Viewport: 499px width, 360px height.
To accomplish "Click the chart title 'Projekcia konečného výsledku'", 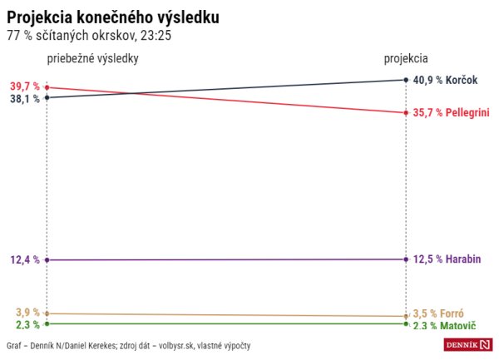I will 114,17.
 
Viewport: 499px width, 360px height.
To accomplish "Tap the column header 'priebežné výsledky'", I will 92,59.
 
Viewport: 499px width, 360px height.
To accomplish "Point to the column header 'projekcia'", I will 406,59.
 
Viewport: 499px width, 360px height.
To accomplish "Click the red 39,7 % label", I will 25,86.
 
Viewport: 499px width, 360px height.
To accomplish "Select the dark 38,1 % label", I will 25,98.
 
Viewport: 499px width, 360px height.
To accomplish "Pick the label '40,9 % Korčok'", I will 446,80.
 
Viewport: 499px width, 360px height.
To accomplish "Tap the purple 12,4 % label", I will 25,260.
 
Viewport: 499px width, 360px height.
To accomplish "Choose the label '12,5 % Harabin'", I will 447,259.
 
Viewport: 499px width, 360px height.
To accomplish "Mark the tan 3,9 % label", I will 27,313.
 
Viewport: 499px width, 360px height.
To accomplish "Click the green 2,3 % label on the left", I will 27,324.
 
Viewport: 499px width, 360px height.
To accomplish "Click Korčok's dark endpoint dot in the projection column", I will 405,80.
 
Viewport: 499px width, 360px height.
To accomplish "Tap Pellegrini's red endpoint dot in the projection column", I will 405,112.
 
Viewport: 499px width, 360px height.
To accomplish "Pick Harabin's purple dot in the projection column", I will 405,259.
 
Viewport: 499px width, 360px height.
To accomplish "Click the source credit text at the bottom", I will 129,345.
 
